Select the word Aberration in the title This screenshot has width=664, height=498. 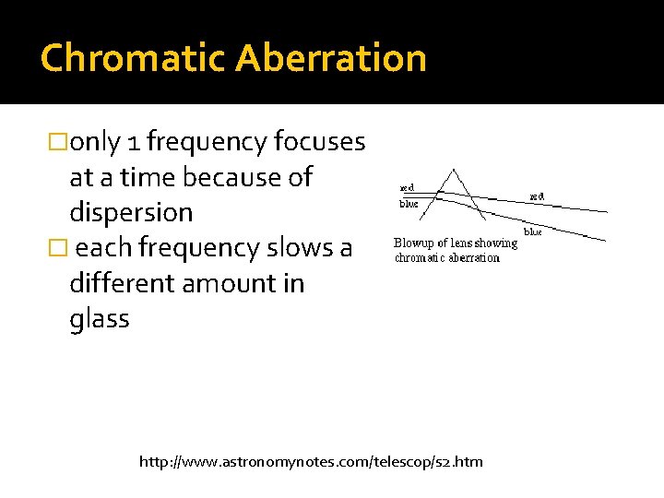330,57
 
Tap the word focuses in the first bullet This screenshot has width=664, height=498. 319,141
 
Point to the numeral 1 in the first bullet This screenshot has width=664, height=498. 134,142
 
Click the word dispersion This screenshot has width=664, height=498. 131,212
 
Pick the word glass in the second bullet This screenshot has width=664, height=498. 99,319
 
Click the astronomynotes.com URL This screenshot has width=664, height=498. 311,461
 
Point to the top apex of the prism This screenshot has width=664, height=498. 453,169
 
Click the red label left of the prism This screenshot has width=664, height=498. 406,187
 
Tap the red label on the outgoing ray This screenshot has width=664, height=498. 536,196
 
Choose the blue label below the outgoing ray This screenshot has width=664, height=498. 533,231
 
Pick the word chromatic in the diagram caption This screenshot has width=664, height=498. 421,257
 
